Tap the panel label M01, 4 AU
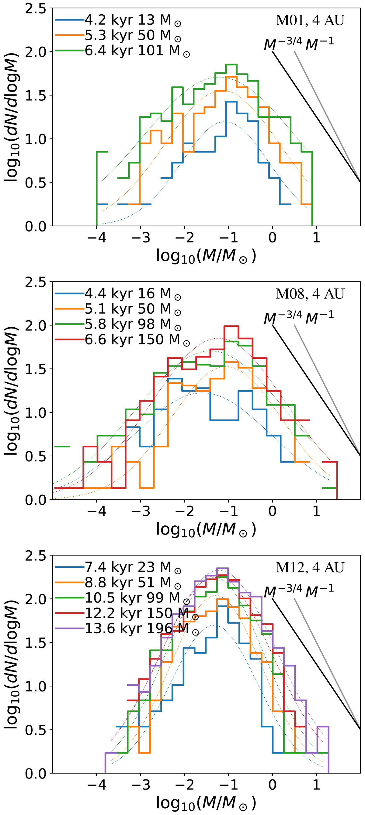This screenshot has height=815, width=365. point(310,21)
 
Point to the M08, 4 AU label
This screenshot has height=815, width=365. point(310,294)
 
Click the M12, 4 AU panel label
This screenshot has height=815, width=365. point(310,568)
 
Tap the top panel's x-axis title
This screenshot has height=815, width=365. point(206,256)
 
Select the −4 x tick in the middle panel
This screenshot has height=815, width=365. point(96,511)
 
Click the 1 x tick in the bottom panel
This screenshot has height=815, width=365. point(316,785)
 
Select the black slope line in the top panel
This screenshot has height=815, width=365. point(316,117)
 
